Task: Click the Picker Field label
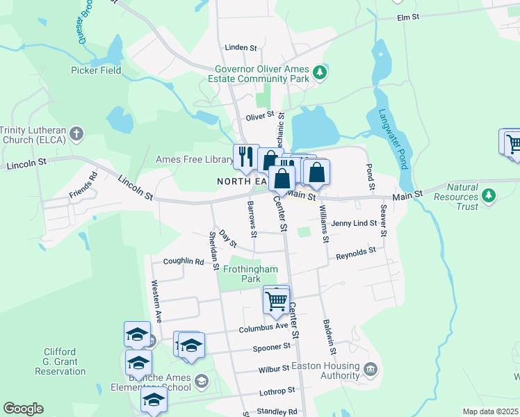point(96,70)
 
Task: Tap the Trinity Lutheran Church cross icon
point(76,132)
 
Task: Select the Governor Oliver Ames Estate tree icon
point(319,72)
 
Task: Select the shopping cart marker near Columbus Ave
point(276,302)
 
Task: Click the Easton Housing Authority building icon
point(370,368)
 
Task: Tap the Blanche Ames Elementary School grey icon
point(202,380)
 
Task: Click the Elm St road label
point(408,17)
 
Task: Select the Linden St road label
point(241,47)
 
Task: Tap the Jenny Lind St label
point(354,223)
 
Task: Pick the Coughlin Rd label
point(184,262)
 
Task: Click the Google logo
point(23,409)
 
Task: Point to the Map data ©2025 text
point(490,411)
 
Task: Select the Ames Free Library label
point(194,160)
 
